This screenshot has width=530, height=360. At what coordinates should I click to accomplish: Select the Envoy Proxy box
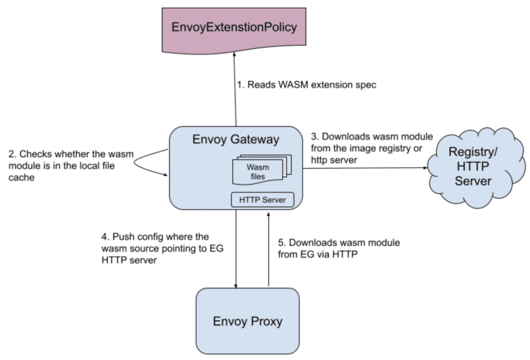pyautogui.click(x=247, y=321)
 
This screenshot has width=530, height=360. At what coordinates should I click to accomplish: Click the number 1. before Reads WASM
pyautogui.click(x=241, y=84)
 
